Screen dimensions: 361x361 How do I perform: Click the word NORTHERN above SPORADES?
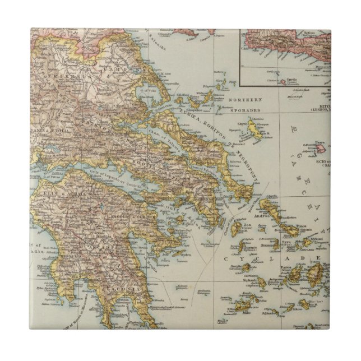(243, 98)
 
